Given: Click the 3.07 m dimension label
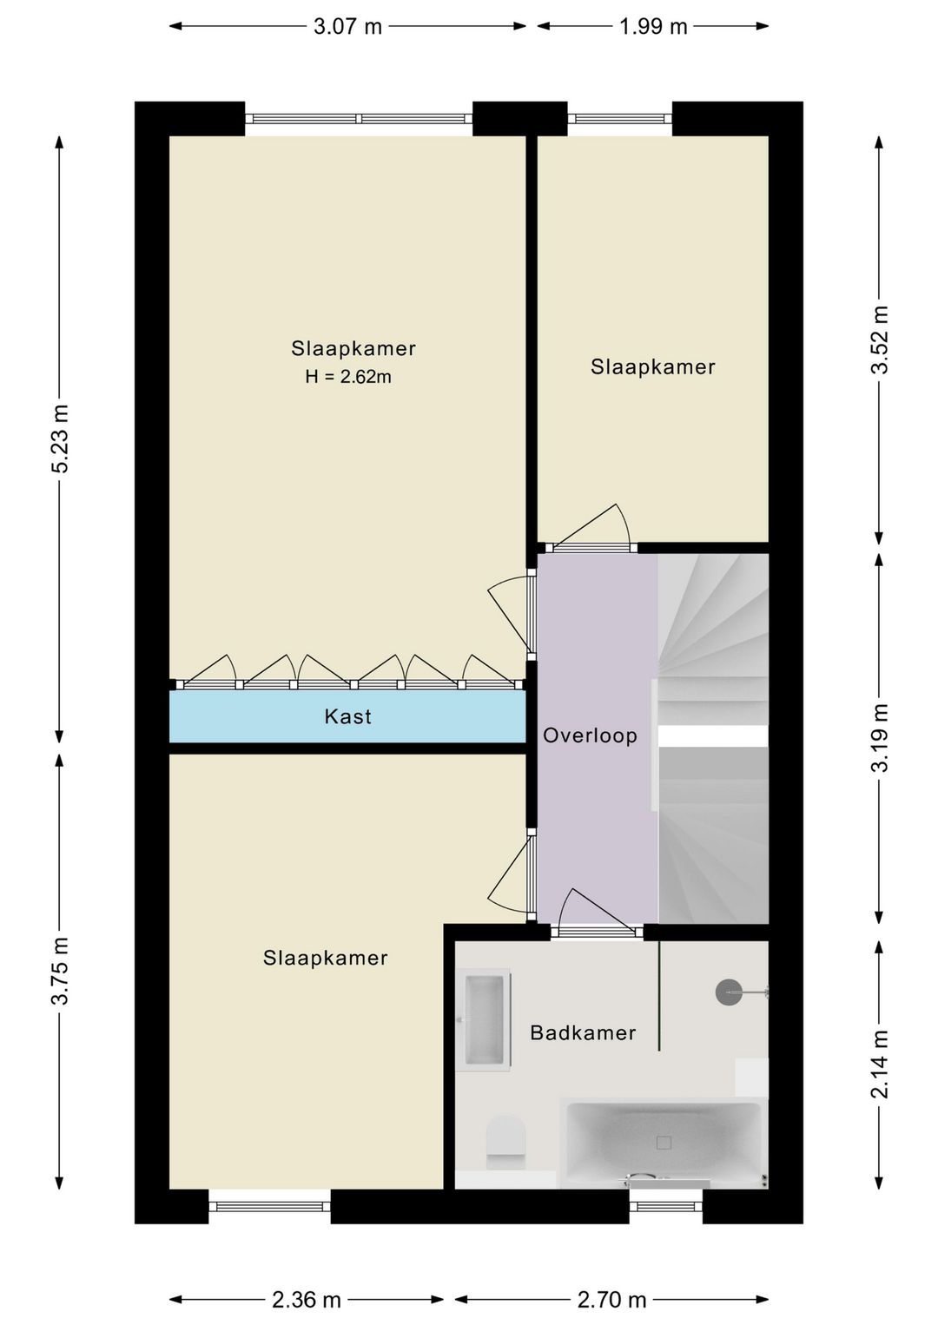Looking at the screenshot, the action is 347,27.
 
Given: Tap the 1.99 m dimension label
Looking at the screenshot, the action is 653,27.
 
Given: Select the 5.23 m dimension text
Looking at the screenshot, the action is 61,438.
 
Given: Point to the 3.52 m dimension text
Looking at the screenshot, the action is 880,339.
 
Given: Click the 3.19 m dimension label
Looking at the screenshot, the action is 880,738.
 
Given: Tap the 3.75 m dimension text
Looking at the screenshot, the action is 61,972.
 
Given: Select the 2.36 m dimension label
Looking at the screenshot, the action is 307,1300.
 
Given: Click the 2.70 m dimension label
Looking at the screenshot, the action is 611,1300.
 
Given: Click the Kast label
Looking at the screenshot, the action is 348,717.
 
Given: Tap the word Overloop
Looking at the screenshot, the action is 590,735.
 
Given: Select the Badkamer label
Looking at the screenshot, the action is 583,1032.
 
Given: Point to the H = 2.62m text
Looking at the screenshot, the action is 348,377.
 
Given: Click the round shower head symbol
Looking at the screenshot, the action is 728,992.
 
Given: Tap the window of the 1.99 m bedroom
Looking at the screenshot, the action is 619,119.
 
